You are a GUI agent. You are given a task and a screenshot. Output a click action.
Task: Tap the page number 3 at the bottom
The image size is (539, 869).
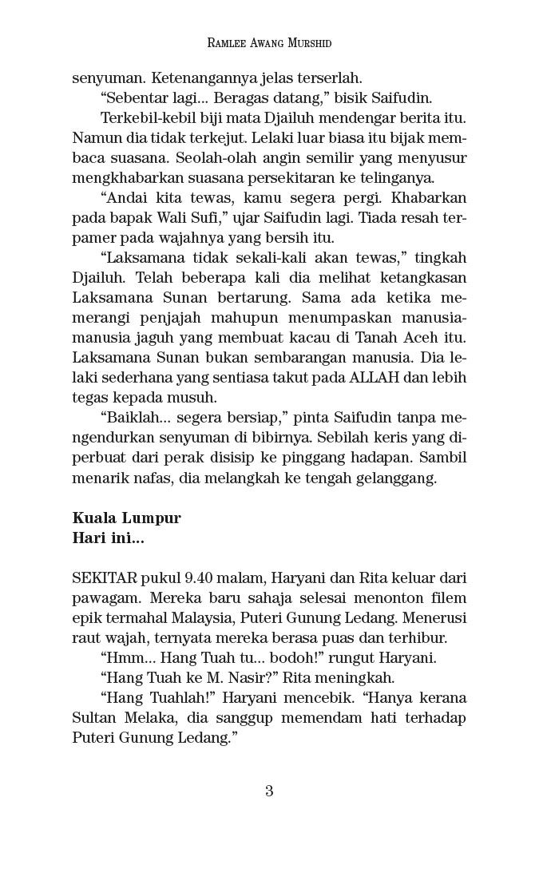coord(269,792)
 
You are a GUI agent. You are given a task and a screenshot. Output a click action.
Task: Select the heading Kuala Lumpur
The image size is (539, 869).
coord(126,518)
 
